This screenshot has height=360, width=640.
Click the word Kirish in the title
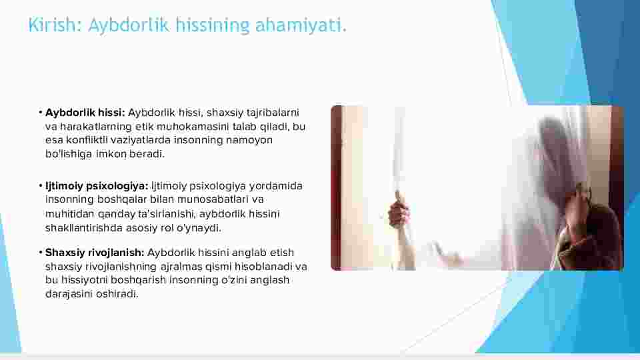[x=51, y=25]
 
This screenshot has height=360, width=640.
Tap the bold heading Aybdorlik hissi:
[x=85, y=113]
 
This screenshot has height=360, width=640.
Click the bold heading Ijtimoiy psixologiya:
[x=97, y=186]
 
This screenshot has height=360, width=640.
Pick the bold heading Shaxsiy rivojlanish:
[x=95, y=253]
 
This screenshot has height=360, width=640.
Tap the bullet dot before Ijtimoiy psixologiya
[x=41, y=186]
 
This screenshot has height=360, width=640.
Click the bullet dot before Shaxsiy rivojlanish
[x=41, y=253]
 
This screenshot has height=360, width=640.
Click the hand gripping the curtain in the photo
[x=399, y=213]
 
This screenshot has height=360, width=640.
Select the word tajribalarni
[x=273, y=113]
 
